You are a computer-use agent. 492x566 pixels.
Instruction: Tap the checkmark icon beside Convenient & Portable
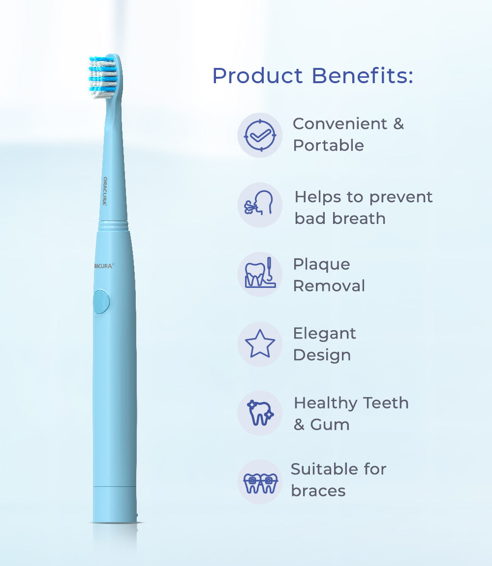(260, 135)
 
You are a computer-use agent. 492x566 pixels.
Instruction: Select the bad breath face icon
(260, 204)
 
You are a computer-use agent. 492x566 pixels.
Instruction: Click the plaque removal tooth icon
(260, 274)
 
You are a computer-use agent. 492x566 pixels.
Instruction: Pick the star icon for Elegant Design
(260, 344)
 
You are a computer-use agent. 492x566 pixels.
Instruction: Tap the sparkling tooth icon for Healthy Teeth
(260, 413)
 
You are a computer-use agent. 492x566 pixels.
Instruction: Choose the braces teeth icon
(260, 482)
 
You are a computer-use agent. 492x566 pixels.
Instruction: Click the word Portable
(328, 146)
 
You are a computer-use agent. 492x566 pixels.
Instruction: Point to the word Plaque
(321, 264)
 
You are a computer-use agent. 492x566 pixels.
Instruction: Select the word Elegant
(324, 333)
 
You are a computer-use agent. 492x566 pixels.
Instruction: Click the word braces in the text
(318, 491)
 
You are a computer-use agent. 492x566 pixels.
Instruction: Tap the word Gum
(330, 424)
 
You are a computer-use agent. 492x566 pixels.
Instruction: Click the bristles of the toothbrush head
(102, 76)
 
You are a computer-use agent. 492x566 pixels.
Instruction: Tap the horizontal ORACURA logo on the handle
(104, 265)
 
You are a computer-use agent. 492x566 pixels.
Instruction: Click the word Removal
(329, 286)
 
